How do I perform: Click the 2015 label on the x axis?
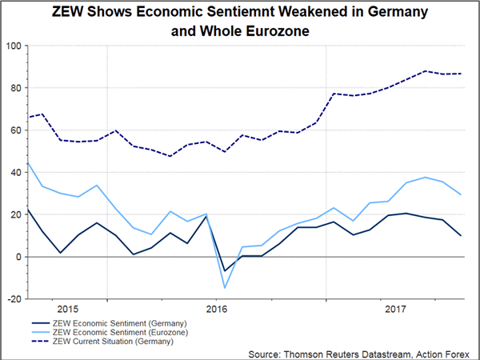[67, 308]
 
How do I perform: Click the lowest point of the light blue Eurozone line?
[226, 288]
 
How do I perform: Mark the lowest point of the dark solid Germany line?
[226, 271]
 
